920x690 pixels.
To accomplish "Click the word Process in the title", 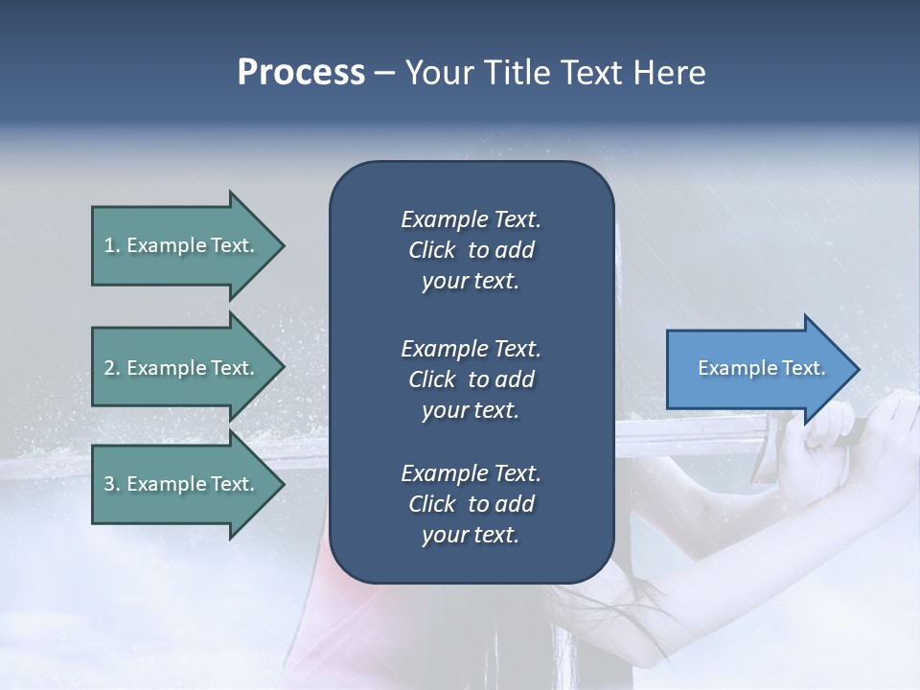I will point(301,73).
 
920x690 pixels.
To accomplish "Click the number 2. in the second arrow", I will point(112,368).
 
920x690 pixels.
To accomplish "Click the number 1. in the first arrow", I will point(112,245).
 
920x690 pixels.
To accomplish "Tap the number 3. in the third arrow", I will point(112,484).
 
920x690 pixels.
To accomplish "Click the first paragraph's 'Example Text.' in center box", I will point(471,219).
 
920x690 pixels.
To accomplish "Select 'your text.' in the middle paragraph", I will point(471,410).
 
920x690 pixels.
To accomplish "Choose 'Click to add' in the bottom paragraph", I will point(471,504).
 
